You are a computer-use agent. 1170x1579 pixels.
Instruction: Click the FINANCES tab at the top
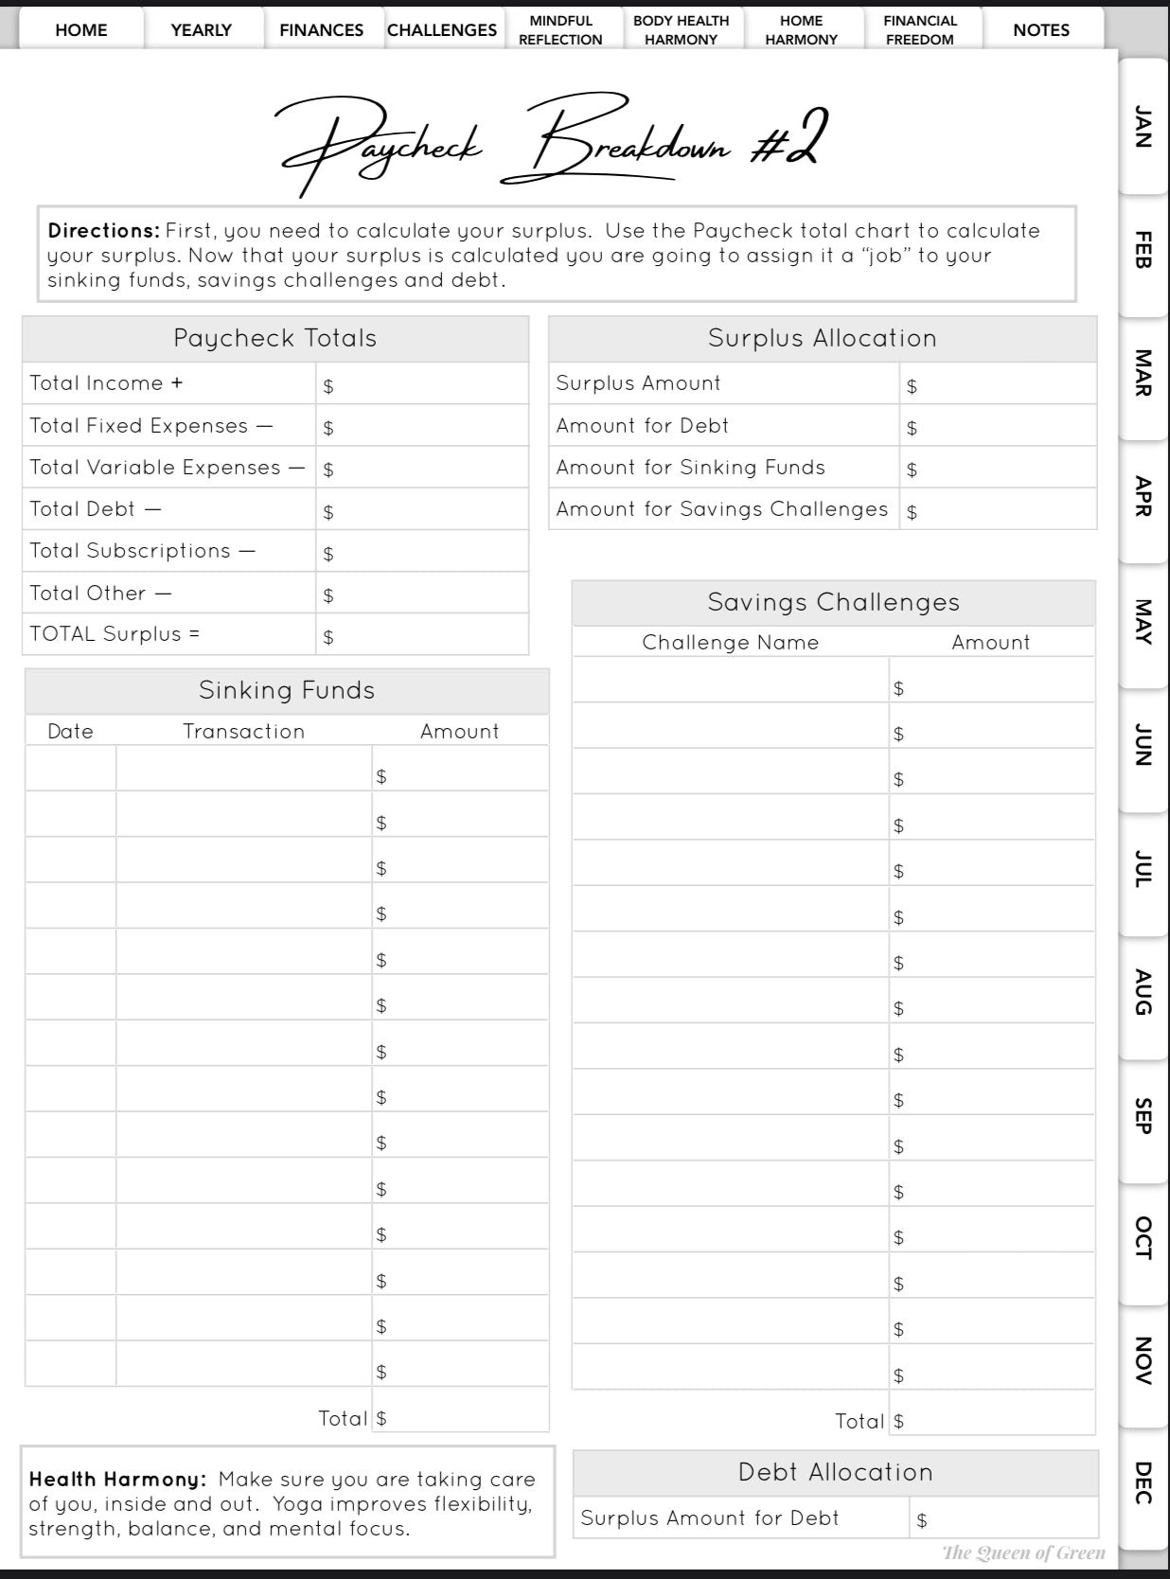pyautogui.click(x=321, y=29)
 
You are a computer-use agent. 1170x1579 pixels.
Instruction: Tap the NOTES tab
pyautogui.click(x=1041, y=29)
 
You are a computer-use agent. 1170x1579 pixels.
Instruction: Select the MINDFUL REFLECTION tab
pyautogui.click(x=560, y=29)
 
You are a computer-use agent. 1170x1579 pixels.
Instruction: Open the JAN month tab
pyautogui.click(x=1143, y=127)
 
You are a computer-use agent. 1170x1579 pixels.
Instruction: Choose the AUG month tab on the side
pyautogui.click(x=1143, y=992)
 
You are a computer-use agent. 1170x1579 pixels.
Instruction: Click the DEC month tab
pyautogui.click(x=1143, y=1483)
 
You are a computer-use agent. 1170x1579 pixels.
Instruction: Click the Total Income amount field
pyautogui.click(x=422, y=384)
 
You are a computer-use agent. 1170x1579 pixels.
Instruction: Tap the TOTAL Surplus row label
pyautogui.click(x=115, y=634)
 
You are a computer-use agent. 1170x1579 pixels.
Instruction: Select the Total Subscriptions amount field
pyautogui.click(x=422, y=552)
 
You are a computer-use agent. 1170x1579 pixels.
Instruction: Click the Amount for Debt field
pyautogui.click(x=998, y=427)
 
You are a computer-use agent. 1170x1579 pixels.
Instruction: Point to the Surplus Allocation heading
pyautogui.click(x=822, y=338)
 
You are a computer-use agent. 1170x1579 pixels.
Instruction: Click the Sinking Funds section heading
pyautogui.click(x=287, y=690)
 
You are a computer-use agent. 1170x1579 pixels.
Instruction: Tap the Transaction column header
pyautogui.click(x=243, y=731)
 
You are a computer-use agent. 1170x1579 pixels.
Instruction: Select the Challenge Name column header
pyautogui.click(x=730, y=642)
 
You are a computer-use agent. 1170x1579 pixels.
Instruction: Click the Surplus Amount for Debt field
pyautogui.click(x=1003, y=1518)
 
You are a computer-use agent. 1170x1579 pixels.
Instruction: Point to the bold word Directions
pyautogui.click(x=104, y=230)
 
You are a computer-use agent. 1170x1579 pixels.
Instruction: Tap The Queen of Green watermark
pyautogui.click(x=1023, y=1552)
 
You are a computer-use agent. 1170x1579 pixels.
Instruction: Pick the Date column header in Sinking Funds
pyautogui.click(x=71, y=731)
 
